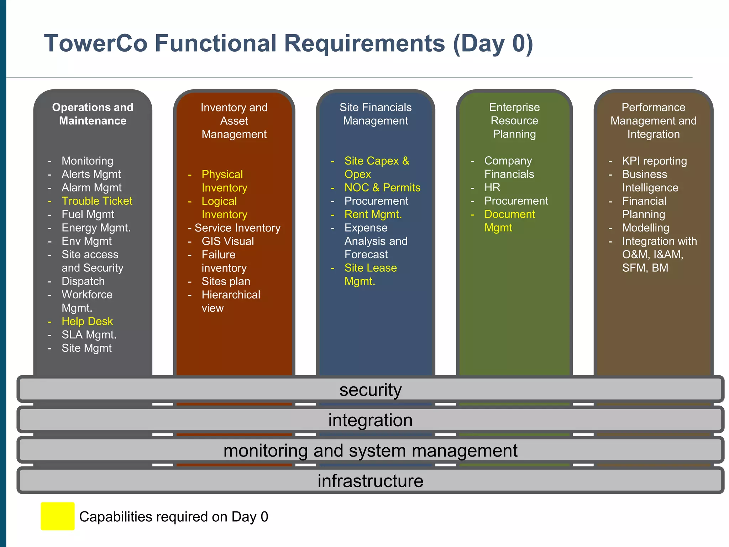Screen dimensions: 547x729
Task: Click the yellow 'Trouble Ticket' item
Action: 96,201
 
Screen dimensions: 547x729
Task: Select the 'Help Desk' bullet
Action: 87,322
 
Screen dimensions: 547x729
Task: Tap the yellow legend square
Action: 57,516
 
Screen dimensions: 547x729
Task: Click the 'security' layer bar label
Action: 370,390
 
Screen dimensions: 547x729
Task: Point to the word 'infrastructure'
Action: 370,481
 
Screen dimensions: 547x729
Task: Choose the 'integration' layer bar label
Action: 370,420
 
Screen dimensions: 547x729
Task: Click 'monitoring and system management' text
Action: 370,450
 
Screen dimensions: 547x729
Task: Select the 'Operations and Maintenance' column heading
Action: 93,114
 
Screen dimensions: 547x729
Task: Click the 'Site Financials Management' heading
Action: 376,114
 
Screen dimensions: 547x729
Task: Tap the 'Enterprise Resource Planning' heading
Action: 514,120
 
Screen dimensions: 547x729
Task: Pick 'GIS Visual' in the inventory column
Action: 228,241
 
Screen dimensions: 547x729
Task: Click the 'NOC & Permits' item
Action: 382,188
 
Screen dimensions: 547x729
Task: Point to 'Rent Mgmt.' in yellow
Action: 373,214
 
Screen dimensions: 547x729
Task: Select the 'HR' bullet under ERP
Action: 492,188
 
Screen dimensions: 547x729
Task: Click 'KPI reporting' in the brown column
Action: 654,161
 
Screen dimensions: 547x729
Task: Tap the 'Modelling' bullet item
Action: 645,228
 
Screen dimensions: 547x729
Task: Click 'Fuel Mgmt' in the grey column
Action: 88,214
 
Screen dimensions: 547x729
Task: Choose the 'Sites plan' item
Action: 226,281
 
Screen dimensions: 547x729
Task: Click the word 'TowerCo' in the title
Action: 95,43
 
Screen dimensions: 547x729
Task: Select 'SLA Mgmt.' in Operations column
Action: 89,335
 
